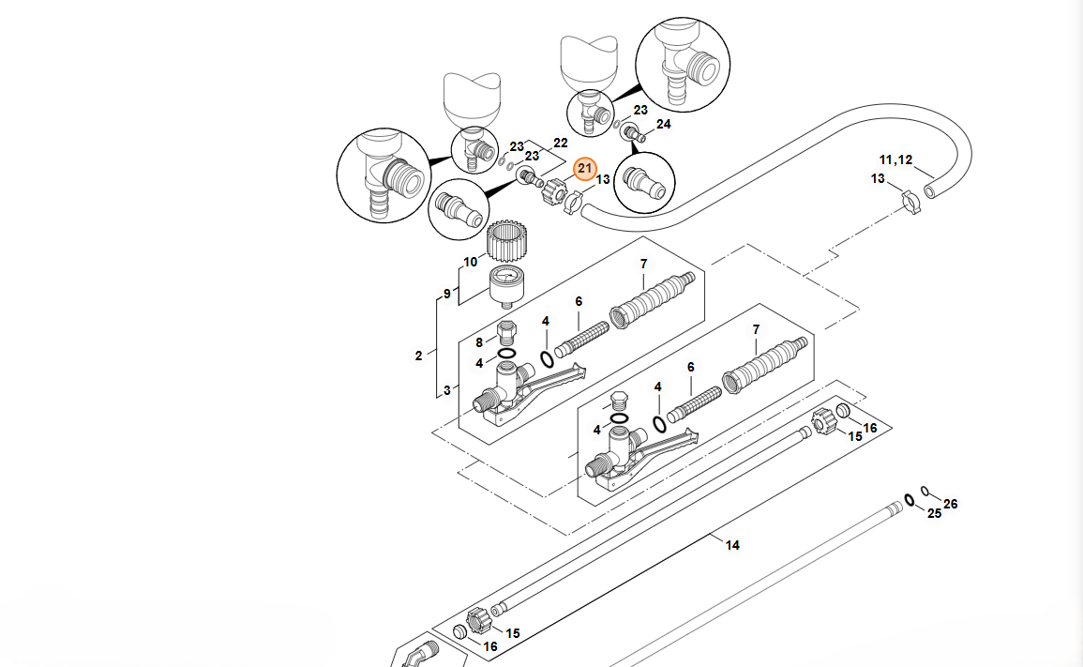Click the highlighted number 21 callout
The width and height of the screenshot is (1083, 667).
[585, 169]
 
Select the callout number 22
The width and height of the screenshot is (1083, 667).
[560, 144]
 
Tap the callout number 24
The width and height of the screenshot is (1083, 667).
[663, 124]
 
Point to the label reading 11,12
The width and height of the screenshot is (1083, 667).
[895, 159]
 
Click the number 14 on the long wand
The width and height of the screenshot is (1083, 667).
[732, 545]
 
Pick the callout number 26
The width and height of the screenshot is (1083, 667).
[950, 504]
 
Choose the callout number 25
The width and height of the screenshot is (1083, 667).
[934, 513]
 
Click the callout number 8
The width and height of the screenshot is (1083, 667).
[479, 343]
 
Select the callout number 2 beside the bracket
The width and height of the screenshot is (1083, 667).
[419, 356]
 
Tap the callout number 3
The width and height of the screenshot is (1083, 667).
[446, 389]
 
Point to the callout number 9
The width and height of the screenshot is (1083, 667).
[447, 294]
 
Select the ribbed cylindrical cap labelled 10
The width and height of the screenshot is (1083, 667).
[505, 244]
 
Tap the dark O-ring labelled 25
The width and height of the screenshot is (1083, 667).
[910, 499]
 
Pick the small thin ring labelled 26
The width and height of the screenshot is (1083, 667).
[925, 490]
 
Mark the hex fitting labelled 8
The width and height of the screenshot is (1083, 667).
[508, 332]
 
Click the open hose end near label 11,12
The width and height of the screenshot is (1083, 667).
[929, 190]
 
